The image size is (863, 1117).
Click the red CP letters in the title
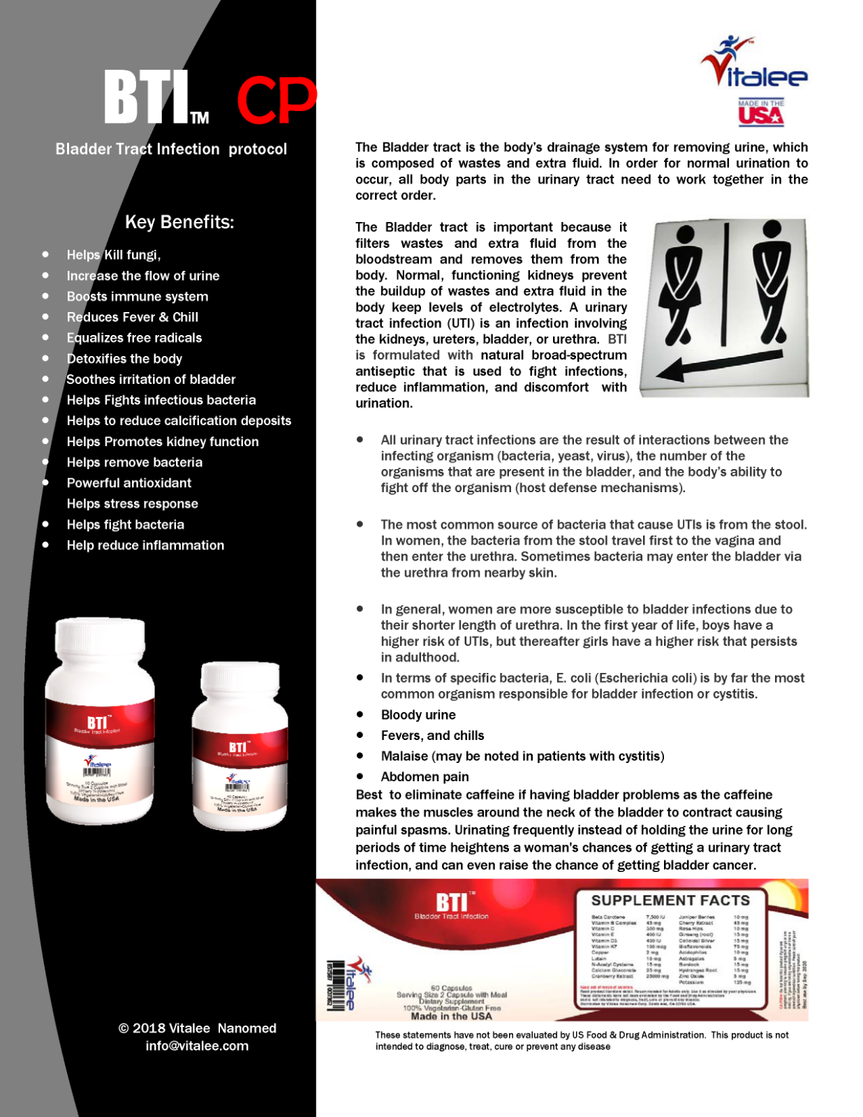point(276,101)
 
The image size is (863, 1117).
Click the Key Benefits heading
point(179,223)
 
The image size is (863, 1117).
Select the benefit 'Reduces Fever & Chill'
point(132,317)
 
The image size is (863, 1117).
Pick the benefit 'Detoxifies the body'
point(124,359)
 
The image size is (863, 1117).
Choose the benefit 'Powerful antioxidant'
point(129,483)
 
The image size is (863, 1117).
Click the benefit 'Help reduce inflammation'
point(145,545)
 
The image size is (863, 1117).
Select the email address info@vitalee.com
point(197,1046)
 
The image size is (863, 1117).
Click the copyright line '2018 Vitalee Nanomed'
point(198,1028)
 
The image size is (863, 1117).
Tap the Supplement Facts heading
point(670,901)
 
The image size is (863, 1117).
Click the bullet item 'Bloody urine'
point(418,715)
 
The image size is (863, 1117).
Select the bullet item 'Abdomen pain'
point(425,777)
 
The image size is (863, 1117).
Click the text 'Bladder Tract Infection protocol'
point(171,149)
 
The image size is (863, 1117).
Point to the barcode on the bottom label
point(336,984)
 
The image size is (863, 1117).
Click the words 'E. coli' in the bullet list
point(572,678)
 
